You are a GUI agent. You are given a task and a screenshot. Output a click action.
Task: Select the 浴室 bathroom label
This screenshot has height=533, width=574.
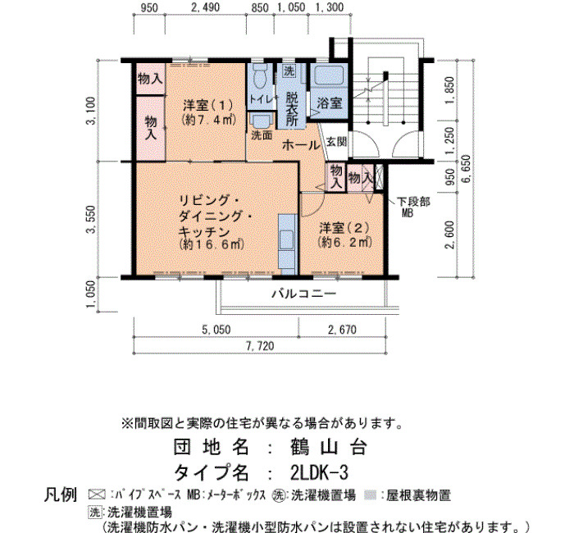[x=329, y=103]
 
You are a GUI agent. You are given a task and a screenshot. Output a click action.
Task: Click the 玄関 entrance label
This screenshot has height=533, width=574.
[x=336, y=142]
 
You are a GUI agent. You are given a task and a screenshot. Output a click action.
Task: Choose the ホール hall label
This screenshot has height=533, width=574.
[x=301, y=145]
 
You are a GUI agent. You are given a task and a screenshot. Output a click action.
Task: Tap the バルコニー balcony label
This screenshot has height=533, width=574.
[x=304, y=294]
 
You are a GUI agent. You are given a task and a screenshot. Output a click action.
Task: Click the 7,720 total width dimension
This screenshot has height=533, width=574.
[x=260, y=346]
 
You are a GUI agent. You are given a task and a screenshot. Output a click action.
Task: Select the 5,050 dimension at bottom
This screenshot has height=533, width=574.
[x=216, y=330]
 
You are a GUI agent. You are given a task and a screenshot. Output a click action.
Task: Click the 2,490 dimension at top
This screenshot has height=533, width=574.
[x=206, y=7]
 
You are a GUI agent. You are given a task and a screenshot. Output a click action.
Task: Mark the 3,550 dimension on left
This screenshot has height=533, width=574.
[x=91, y=219]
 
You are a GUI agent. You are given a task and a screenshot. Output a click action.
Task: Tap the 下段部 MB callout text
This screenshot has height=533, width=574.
[x=413, y=207]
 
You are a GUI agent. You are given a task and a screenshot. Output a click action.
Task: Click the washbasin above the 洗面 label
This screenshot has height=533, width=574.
[x=261, y=121]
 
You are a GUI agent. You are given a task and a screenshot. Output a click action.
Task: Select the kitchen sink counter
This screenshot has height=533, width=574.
[x=287, y=244]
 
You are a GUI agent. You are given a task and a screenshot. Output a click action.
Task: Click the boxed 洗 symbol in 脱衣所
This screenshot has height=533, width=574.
[x=289, y=71]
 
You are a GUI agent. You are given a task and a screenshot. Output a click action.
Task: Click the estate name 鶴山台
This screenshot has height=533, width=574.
[x=328, y=447]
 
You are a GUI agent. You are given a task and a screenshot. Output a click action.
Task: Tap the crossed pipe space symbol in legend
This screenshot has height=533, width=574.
[x=97, y=495]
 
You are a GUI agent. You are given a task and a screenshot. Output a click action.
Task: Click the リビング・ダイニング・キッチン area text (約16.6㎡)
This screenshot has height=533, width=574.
[x=212, y=244]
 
